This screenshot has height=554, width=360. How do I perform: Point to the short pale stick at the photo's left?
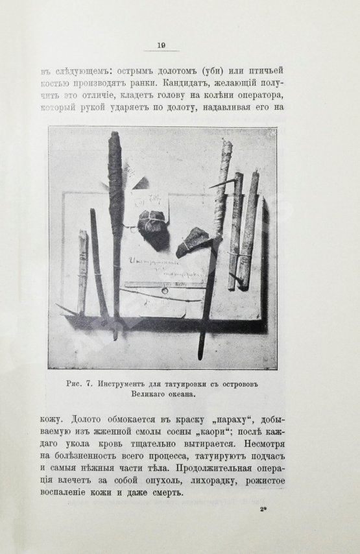pyautogui.click(x=82, y=271)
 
